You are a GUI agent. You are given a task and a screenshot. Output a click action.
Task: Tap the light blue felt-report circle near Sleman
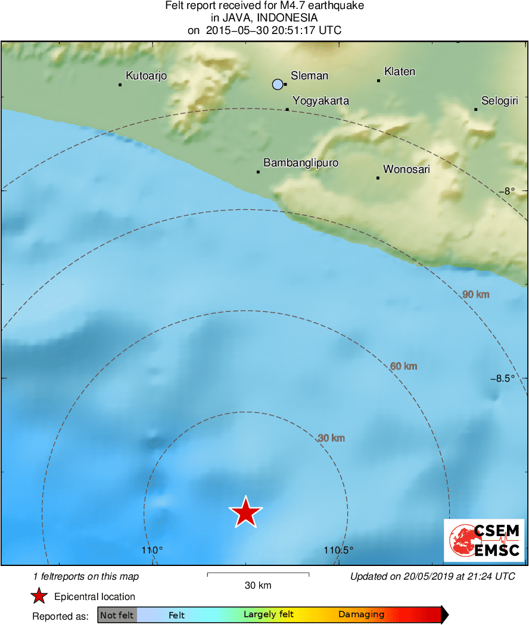[278, 84]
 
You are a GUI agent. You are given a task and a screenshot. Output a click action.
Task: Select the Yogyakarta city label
[320, 101]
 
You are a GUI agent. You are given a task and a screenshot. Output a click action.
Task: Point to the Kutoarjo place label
[146, 76]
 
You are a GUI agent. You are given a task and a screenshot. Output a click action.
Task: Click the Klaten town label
[400, 72]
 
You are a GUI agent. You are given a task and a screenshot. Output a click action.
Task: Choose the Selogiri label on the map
[499, 101]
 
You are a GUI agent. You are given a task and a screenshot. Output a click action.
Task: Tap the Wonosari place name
[406, 169]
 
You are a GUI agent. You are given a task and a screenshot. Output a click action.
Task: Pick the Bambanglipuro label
[292, 162]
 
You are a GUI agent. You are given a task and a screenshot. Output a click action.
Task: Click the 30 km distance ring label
[331, 438]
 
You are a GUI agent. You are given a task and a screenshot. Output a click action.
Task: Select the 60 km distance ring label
[403, 366]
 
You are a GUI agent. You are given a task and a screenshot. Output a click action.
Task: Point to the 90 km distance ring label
[475, 294]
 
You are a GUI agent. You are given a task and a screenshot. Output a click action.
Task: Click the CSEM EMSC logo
[484, 540]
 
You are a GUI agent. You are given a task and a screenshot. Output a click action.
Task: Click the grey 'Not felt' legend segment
[117, 615]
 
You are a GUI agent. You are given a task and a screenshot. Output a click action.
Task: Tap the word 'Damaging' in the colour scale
[361, 615]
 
